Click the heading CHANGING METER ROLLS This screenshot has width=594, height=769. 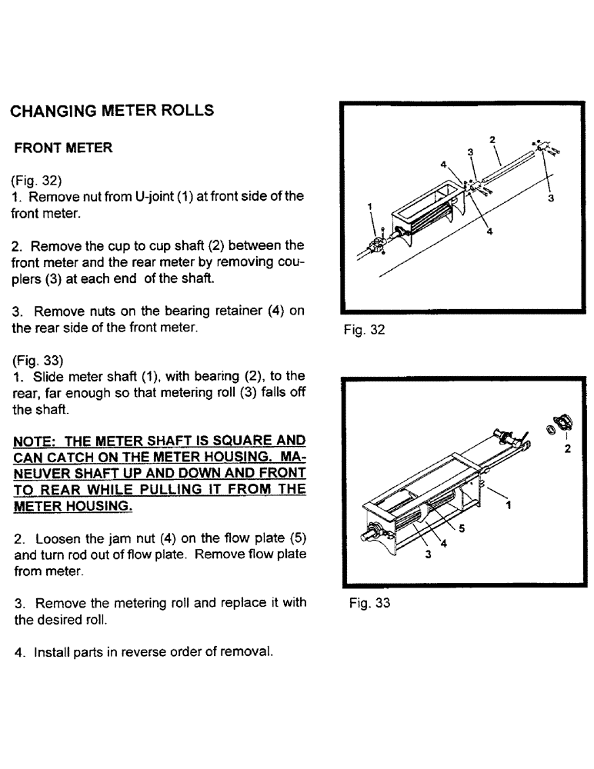112,111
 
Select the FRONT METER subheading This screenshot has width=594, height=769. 64,148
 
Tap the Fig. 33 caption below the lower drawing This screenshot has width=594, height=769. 369,604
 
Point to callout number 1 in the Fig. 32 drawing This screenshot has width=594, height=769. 370,207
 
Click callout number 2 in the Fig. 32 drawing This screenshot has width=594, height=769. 492,139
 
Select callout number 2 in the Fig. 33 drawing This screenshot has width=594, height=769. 567,450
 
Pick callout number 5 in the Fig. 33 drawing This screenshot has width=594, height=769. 461,528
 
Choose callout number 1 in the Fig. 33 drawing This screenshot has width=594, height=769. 509,505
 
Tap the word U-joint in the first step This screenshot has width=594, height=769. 156,197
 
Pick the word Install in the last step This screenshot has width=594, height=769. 51,652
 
